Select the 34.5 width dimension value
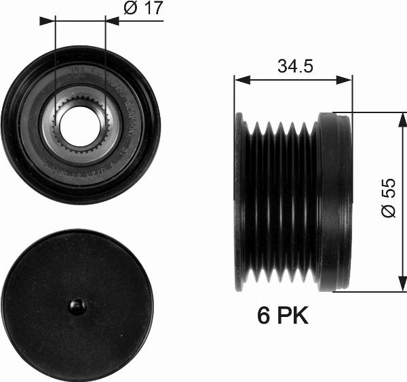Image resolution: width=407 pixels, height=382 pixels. pos(294,67)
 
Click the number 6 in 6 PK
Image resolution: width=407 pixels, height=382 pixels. pos(265,316)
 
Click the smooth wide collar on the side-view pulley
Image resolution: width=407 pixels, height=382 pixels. pos(334,202)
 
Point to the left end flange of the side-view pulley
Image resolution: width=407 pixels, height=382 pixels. pos(239,202)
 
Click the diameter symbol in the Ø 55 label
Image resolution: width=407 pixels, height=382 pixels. pos(388,212)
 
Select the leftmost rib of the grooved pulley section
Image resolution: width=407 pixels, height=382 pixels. pos(254,202)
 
